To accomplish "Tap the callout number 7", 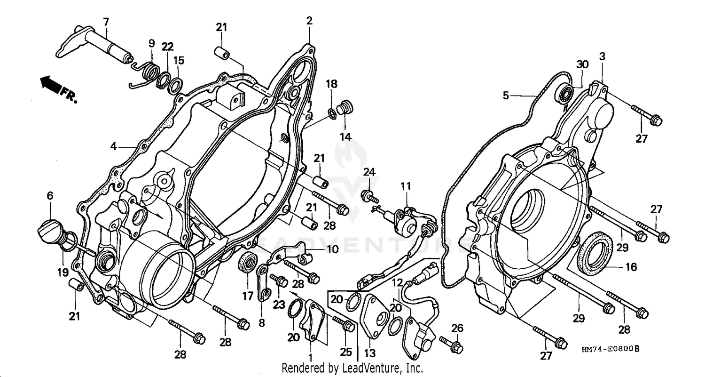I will coord(106,21).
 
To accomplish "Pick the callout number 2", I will coord(309,20).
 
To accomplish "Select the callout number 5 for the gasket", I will coord(505,96).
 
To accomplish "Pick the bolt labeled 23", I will coord(281,281).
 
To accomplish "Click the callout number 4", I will coord(113,146).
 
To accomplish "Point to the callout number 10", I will coord(332,249).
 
